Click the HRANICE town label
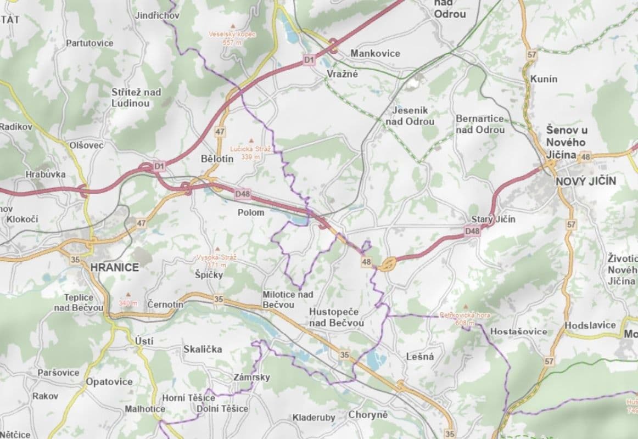[x=114, y=267]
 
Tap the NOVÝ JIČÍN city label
[x=586, y=181]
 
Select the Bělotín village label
[x=217, y=158]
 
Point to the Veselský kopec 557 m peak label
[x=232, y=37]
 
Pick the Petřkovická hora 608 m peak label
[x=464, y=319]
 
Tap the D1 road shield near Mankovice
[x=309, y=58]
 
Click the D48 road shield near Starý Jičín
[x=472, y=232]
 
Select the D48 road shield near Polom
[x=242, y=193]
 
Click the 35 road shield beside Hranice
[x=75, y=260]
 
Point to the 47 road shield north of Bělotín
[x=220, y=132]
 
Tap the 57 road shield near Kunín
[x=531, y=54]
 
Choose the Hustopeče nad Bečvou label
[x=336, y=317]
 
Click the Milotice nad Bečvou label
[x=288, y=299]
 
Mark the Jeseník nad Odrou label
[x=413, y=116]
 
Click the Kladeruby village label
[x=314, y=418]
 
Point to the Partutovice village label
[x=89, y=43]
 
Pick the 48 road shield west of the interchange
[x=366, y=262]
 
